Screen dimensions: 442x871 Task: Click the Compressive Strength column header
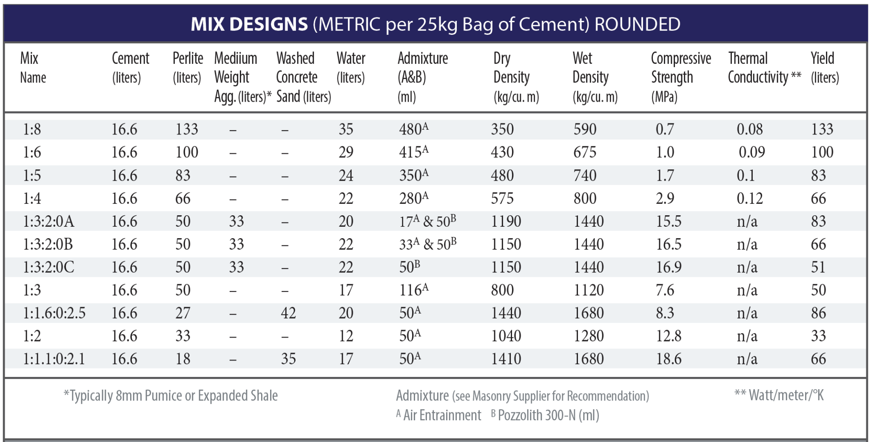(680, 77)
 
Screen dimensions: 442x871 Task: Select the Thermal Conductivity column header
(764, 68)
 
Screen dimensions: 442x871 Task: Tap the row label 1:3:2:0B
(48, 244)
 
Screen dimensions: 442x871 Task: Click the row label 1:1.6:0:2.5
(54, 313)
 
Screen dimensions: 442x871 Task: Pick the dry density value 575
(502, 198)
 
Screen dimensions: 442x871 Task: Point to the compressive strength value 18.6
(669, 359)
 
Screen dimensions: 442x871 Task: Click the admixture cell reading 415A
(413, 152)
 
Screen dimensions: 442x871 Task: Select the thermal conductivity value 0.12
(749, 198)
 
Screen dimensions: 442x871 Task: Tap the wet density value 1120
(589, 290)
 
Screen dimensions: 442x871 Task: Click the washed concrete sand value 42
(288, 313)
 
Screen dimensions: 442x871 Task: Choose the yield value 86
(818, 313)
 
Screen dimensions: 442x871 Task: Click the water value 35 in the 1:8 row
(346, 129)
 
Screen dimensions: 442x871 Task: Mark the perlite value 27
(183, 313)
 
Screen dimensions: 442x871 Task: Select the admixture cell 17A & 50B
(427, 221)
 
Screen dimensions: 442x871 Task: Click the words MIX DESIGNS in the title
(249, 24)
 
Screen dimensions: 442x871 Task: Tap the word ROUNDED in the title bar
(637, 24)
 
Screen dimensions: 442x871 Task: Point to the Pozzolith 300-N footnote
(545, 415)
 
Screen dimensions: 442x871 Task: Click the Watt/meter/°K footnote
(779, 395)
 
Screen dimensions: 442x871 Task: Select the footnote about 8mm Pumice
(171, 396)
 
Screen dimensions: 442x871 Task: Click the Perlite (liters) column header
(187, 68)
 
